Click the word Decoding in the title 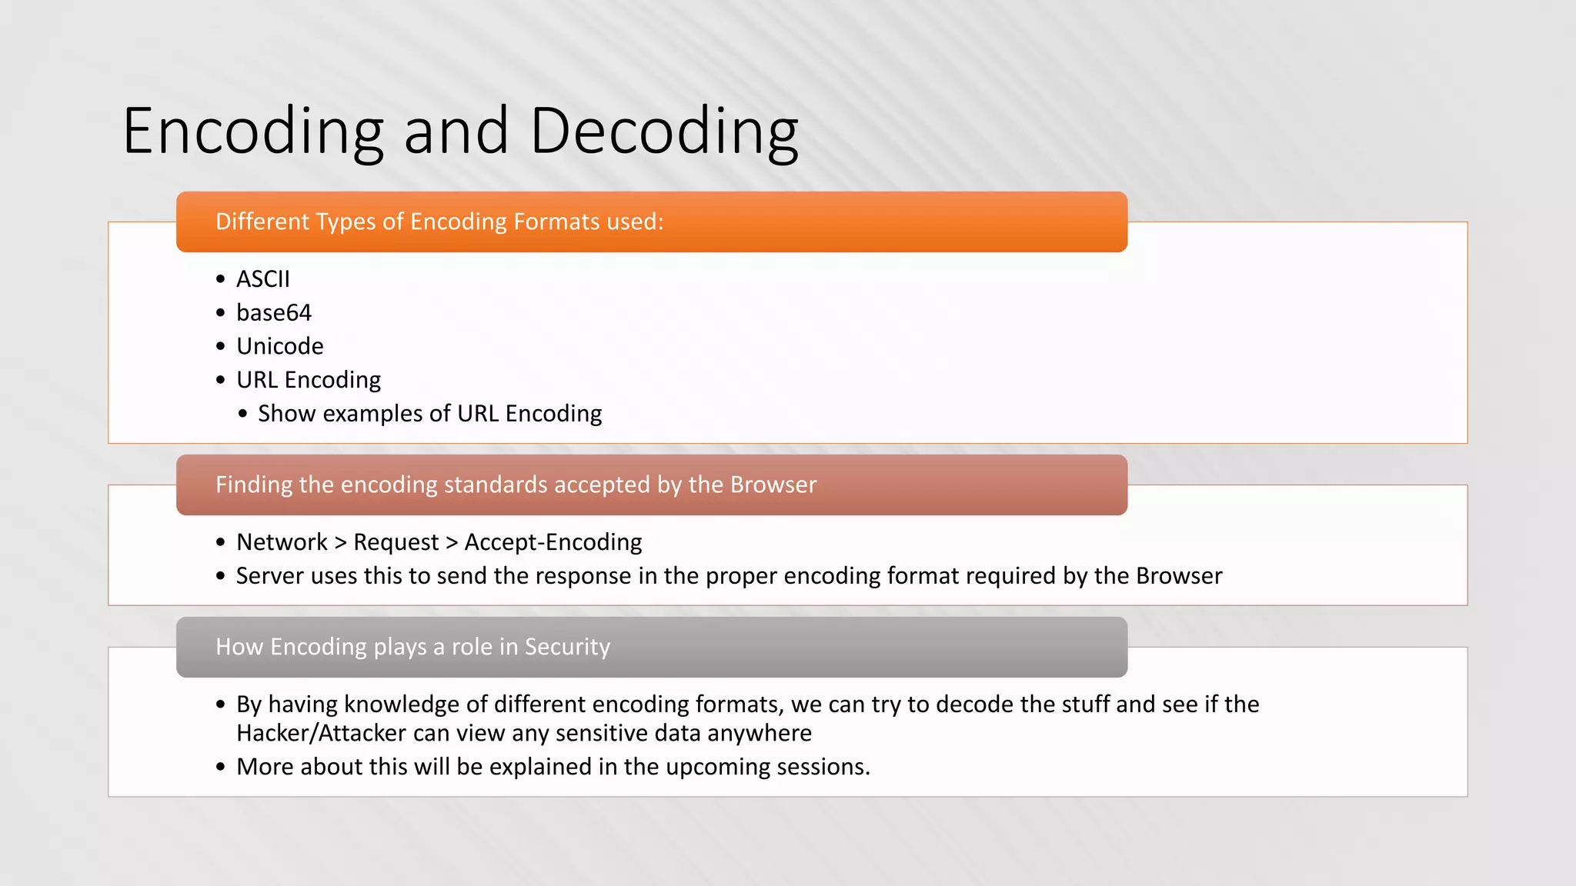coord(664,132)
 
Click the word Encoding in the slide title coord(252,132)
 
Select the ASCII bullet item coord(263,279)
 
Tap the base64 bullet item coord(274,313)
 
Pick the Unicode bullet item coord(280,347)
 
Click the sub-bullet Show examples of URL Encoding coord(429,414)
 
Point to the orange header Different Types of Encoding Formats coord(439,221)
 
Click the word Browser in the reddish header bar coord(773,485)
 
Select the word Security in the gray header coord(567,647)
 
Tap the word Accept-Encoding coord(553,542)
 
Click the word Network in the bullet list coord(282,542)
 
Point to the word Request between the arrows coord(396,542)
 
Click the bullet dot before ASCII coord(221,280)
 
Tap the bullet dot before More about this coord(221,768)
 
